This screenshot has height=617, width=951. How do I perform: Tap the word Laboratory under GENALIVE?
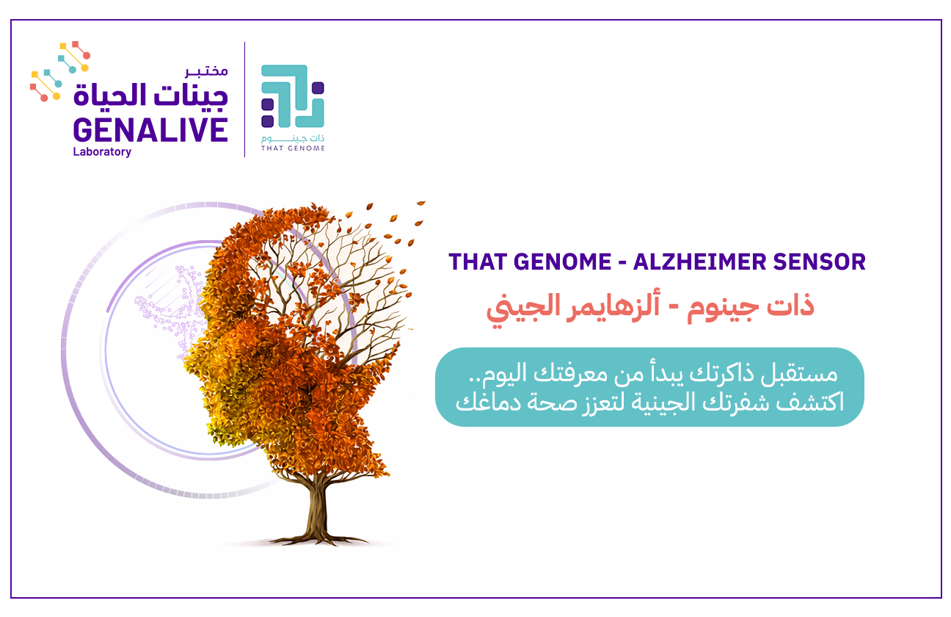coord(102,152)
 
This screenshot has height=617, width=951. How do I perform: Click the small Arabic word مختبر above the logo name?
coord(206,71)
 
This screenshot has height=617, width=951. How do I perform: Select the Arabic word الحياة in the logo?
coord(110,94)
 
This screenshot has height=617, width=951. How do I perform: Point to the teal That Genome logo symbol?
coord(293,96)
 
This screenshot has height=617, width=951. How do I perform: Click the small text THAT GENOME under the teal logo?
coord(293,148)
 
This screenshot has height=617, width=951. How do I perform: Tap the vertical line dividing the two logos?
coord(244,99)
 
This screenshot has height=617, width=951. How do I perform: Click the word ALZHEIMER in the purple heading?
coord(699,261)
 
